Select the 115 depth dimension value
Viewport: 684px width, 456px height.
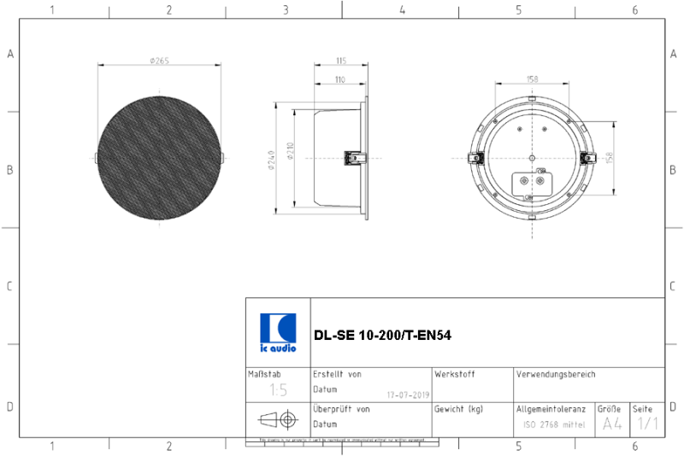[x=340, y=61]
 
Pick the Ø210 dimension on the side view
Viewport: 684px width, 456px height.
[x=290, y=152]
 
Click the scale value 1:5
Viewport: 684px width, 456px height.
[x=278, y=390]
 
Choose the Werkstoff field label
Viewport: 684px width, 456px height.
[x=454, y=374]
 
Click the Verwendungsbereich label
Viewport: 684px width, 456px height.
[x=556, y=374]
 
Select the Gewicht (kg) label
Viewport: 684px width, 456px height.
[x=458, y=409]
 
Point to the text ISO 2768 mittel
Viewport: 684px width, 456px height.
[x=554, y=424]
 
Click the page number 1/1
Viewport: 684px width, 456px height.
[x=647, y=424]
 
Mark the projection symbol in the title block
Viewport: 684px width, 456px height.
[x=277, y=419]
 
